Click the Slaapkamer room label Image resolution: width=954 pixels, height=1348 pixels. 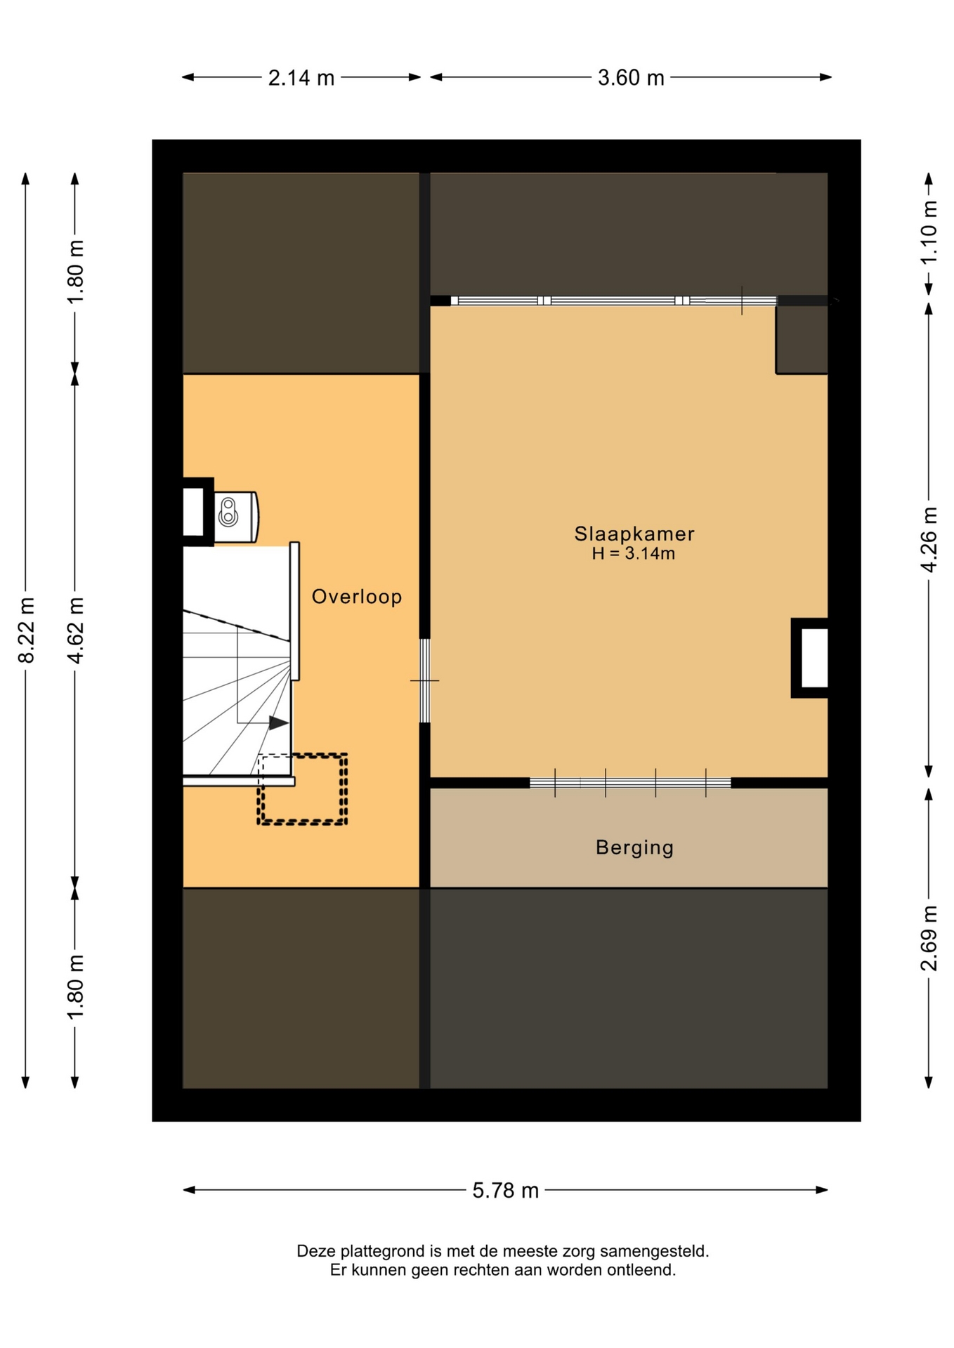(x=634, y=534)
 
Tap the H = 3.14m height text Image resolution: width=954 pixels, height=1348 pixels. (x=633, y=553)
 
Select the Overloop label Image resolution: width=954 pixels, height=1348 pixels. (x=357, y=597)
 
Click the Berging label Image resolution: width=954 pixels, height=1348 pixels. (x=634, y=847)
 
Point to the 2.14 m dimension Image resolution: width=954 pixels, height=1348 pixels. (x=301, y=77)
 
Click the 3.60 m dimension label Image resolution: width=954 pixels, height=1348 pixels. (x=631, y=77)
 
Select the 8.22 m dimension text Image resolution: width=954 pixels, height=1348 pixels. (x=26, y=630)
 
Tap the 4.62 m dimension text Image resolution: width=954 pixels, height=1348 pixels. (x=75, y=630)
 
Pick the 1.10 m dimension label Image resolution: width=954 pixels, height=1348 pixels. (x=929, y=233)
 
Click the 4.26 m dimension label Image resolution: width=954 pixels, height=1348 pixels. (x=929, y=539)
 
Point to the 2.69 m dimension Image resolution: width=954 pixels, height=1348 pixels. (x=929, y=938)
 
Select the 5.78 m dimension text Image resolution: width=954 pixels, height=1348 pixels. (x=505, y=1190)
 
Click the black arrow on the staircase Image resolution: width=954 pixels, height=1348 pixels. (x=279, y=722)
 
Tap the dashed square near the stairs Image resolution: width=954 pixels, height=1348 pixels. (x=302, y=788)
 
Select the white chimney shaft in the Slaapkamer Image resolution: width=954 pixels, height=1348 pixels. (x=814, y=658)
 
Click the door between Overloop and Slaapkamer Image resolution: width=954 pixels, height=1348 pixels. (x=424, y=680)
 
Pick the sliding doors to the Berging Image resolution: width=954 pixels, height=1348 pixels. (x=630, y=783)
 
